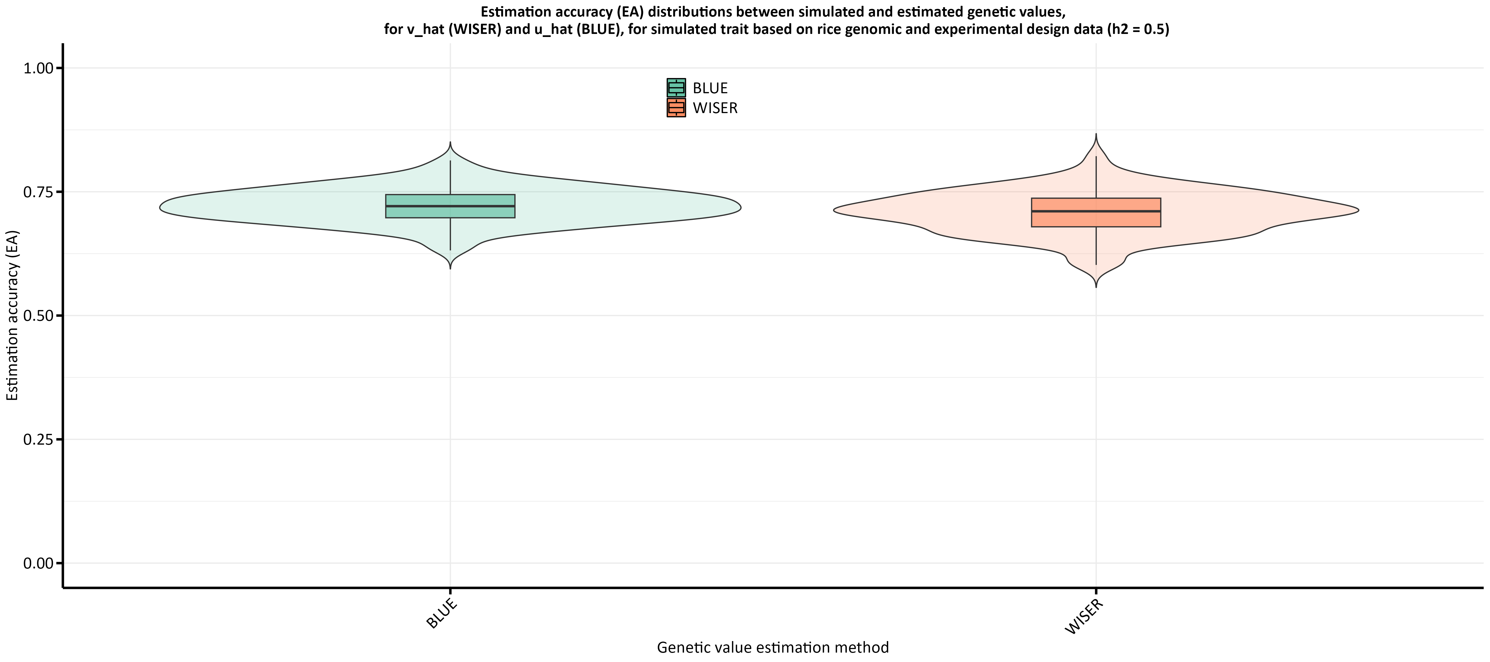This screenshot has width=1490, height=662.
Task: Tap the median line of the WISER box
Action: click(x=1095, y=211)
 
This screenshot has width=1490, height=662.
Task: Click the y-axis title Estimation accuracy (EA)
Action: click(x=13, y=316)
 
